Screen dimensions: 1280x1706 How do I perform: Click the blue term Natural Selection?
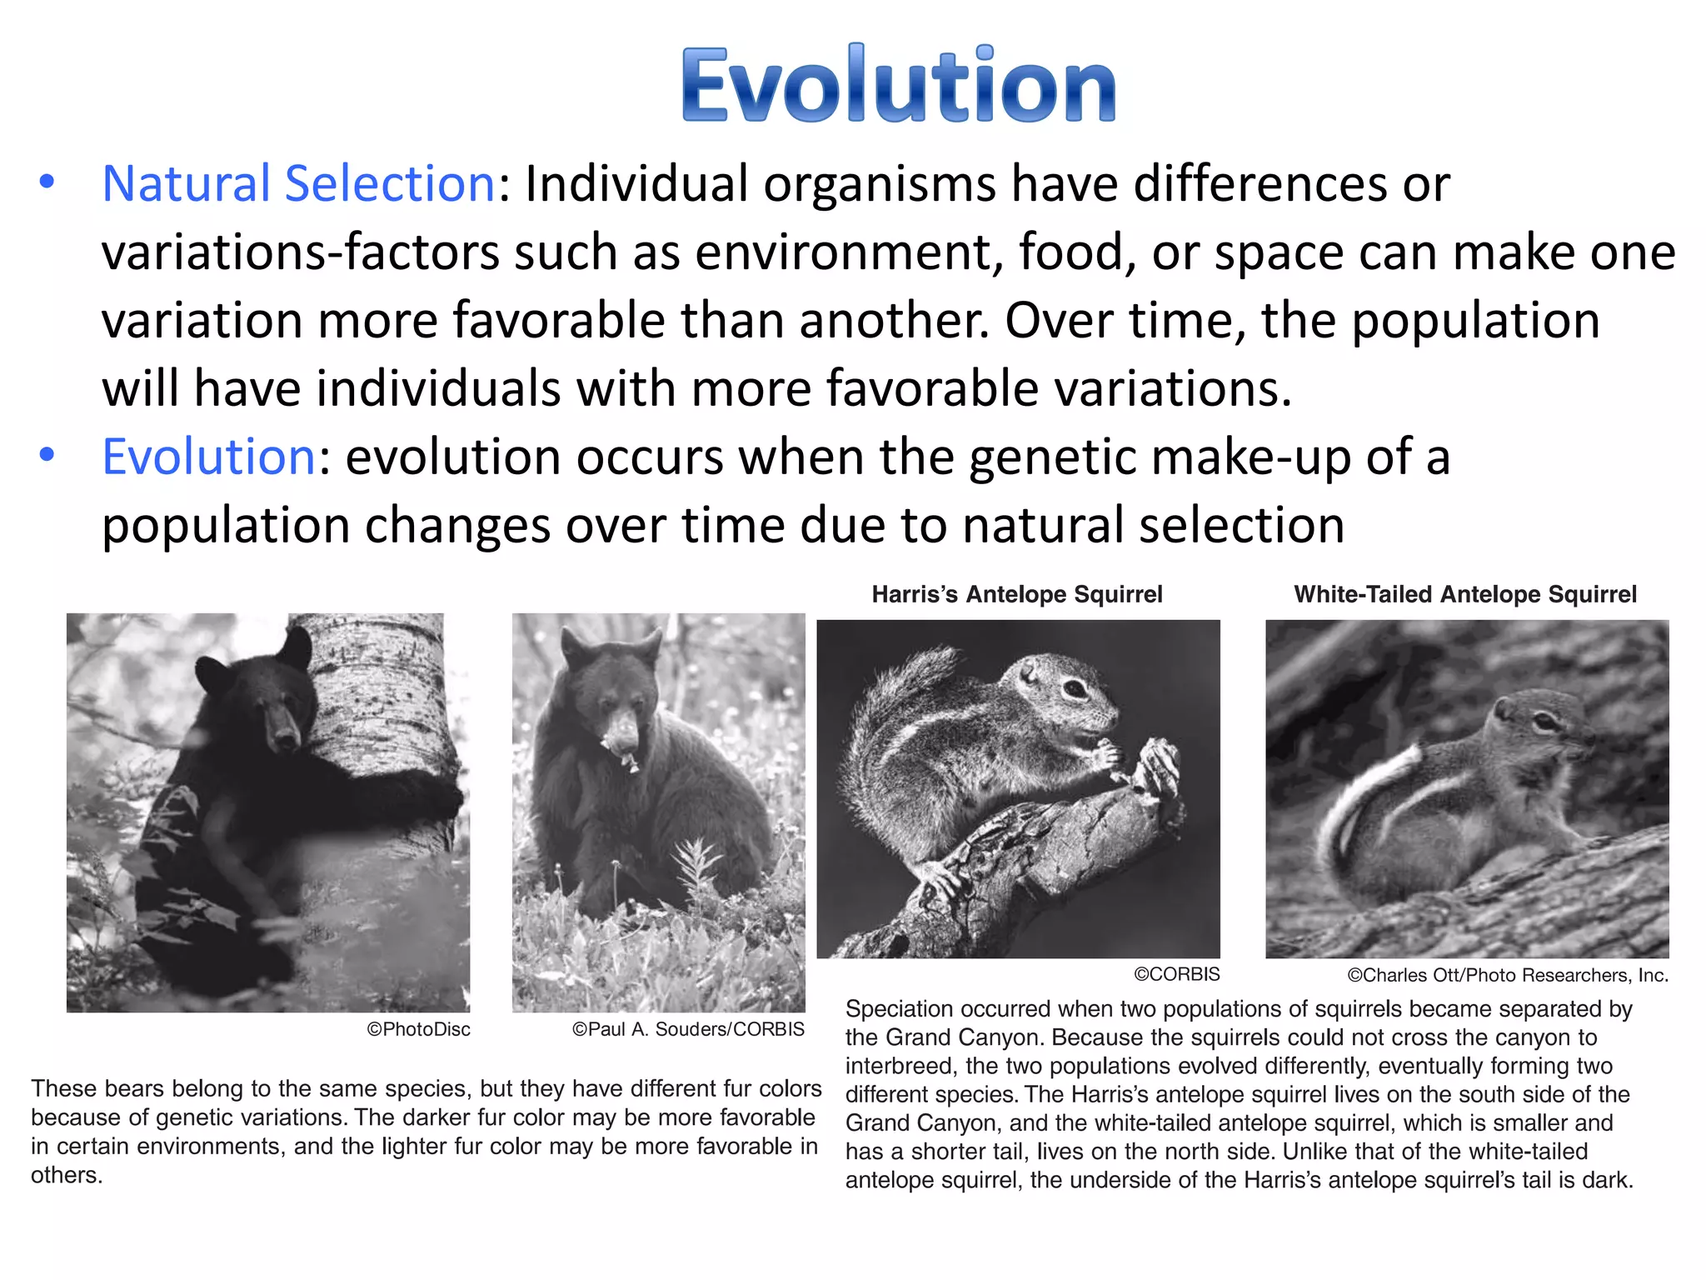[x=299, y=183]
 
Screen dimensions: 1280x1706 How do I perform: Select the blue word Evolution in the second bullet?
[x=208, y=457]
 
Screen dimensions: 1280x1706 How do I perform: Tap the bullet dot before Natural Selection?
[x=47, y=182]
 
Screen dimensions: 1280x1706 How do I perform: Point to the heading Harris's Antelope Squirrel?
[x=1016, y=594]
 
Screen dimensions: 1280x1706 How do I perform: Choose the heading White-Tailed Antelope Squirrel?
[x=1464, y=594]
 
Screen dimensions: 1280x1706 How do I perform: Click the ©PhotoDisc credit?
[x=418, y=1029]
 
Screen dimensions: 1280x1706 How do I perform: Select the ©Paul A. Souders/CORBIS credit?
[x=688, y=1029]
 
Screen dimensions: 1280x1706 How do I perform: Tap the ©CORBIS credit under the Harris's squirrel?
[x=1176, y=974]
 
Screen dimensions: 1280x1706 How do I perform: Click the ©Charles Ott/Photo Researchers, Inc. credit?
[x=1508, y=975]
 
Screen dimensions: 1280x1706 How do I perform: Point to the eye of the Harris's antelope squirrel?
[x=1075, y=688]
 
